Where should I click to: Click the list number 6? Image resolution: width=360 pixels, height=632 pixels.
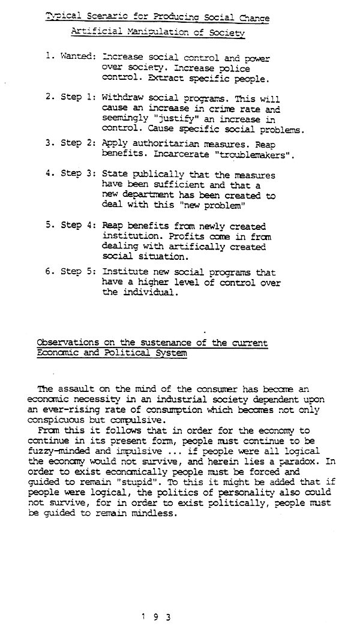(x=48, y=271)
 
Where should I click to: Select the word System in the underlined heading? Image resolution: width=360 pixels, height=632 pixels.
(x=172, y=352)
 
